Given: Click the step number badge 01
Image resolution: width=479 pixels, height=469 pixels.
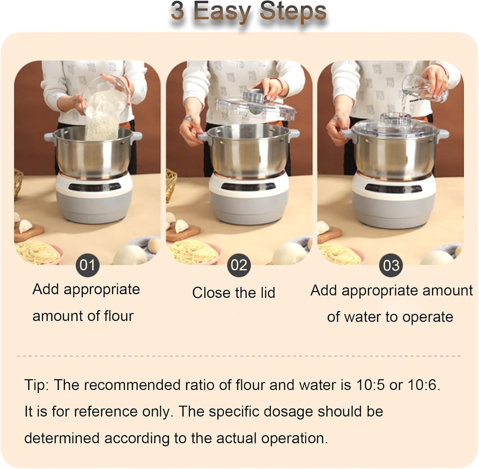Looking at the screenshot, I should [x=87, y=265].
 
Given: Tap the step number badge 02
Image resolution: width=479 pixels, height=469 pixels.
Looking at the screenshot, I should [x=239, y=265].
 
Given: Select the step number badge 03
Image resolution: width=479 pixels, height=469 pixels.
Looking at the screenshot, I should [x=391, y=265].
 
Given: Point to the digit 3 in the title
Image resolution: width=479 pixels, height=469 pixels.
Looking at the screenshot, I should [x=178, y=12].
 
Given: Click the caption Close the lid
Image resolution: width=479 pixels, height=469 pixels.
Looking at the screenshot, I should [x=233, y=293].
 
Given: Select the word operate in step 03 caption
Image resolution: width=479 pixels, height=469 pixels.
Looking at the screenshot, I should [x=428, y=317].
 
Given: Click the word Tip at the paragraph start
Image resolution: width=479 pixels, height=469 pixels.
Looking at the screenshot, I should [x=36, y=385].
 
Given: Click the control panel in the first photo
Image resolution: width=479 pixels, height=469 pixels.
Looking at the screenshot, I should [x=94, y=186].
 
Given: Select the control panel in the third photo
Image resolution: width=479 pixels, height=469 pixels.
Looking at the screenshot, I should [x=393, y=188].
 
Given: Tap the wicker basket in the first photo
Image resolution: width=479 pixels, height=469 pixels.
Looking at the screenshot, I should [x=18, y=183].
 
